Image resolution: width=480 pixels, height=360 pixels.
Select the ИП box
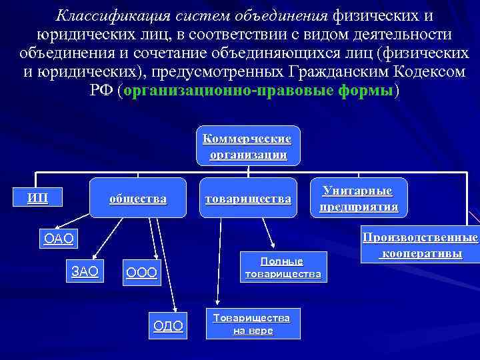(x=37, y=198)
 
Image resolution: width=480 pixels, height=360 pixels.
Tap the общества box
(x=138, y=199)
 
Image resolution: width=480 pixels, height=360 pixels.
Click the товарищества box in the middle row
(x=248, y=199)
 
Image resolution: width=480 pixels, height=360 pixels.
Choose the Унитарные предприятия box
(x=358, y=199)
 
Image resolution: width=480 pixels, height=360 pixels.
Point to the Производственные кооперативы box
(x=420, y=246)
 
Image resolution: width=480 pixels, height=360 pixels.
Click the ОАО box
(x=57, y=238)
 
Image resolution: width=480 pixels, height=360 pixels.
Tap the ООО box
(x=141, y=273)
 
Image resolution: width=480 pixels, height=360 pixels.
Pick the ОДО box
(x=168, y=325)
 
